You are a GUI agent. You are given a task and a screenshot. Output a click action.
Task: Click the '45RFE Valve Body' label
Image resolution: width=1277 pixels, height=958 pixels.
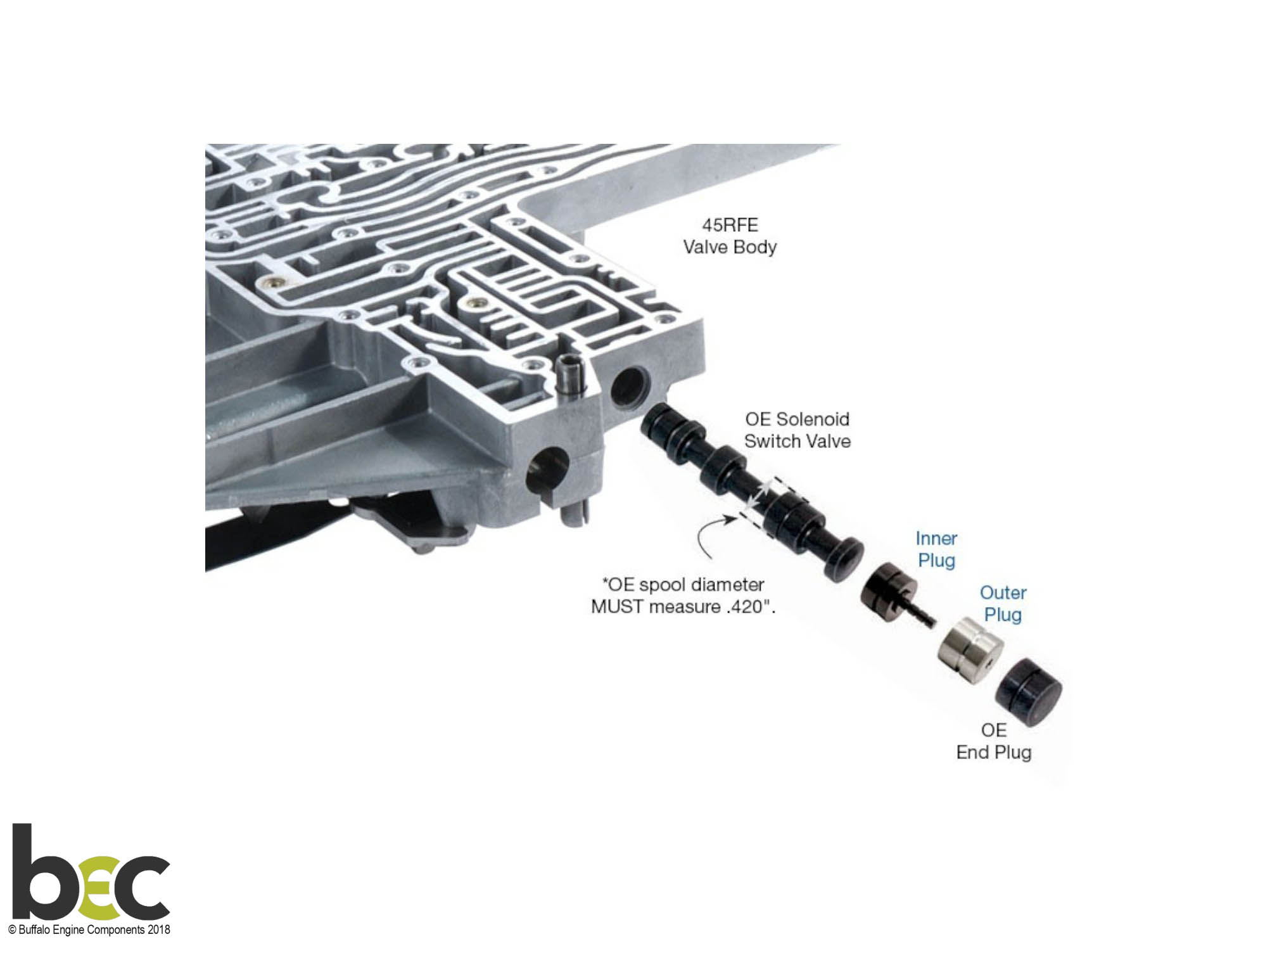click(x=730, y=236)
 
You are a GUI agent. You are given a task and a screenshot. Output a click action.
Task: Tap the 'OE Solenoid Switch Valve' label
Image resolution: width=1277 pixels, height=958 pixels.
click(x=797, y=430)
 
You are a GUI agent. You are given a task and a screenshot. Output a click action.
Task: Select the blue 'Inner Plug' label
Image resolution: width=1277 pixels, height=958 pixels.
click(x=936, y=549)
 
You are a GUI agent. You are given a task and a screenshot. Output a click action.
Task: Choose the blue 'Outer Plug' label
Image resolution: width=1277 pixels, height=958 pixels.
click(x=1003, y=604)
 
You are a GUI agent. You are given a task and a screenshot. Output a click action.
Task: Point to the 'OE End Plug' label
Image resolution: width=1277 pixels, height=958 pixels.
click(x=994, y=741)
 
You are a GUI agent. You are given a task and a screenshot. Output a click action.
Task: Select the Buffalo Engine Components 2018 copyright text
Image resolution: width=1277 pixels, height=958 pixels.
click(x=89, y=930)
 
